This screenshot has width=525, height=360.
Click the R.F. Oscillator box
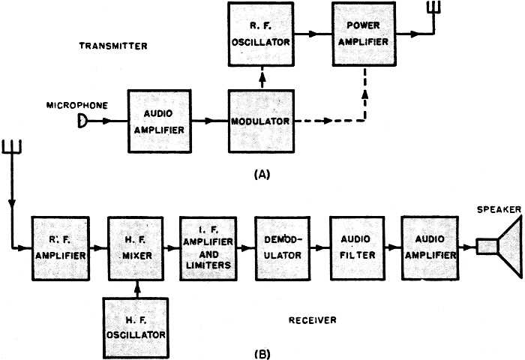pos(261,34)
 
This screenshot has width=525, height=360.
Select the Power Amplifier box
pos(364,34)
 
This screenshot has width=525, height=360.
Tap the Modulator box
pos(261,121)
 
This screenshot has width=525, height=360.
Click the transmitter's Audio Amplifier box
pos(159,121)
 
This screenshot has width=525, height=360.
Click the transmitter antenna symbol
pos(434,7)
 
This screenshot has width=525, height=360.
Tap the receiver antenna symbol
pos(12,147)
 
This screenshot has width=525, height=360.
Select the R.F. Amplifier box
pos(61,248)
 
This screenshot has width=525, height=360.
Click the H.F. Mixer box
pos(136,248)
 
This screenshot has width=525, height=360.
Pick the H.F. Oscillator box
pos(136,328)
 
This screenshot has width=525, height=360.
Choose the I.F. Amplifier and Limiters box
pos(208,248)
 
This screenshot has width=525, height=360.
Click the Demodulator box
pos(282,248)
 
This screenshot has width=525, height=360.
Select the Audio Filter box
pos(357,248)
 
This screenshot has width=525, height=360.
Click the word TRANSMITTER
pos(113,46)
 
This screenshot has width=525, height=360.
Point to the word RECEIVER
pos(313,320)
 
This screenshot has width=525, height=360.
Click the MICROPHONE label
pos(77,106)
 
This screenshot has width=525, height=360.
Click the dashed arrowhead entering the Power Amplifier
pos(365,94)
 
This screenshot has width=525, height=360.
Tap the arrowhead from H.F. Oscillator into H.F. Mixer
pos(136,286)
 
